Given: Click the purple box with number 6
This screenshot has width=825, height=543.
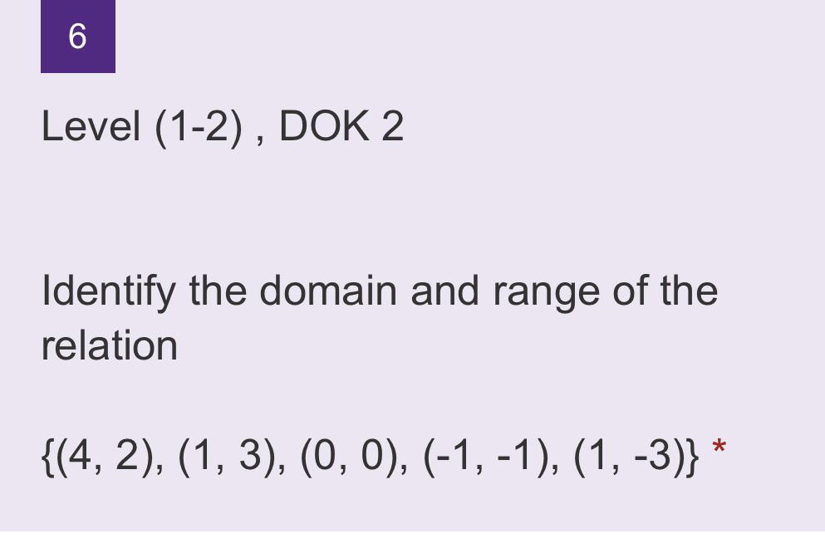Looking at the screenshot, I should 77,37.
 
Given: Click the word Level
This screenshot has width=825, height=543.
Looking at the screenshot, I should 91,127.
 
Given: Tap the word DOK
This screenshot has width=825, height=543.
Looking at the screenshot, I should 323,127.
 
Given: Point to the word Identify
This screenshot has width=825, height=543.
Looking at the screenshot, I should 108,291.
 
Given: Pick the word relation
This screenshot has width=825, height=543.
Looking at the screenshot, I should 109,345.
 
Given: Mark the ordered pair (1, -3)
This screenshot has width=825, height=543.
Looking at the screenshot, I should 629,455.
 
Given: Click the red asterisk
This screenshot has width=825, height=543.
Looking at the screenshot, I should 719,449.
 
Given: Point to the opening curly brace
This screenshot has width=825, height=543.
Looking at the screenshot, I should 47,455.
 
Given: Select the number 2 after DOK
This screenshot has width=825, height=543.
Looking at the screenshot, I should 392,127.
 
